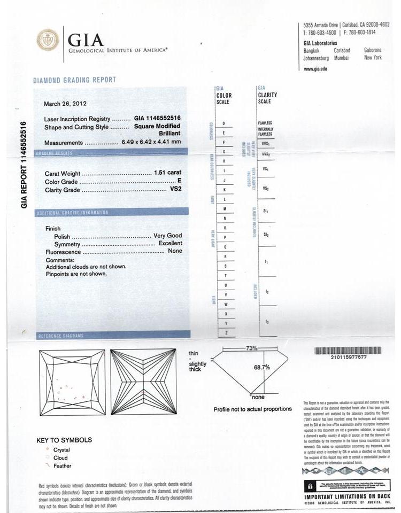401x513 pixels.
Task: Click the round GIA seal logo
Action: click(48, 41)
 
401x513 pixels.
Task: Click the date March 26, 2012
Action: click(65, 103)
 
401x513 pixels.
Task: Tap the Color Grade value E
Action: click(179, 181)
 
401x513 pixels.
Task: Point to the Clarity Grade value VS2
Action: click(174, 190)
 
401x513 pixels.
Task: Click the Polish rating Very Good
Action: click(167, 236)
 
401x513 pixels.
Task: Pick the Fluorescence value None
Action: click(175, 251)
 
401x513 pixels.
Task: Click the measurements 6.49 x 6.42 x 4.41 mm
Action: click(151, 143)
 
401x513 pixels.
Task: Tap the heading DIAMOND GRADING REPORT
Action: click(75, 80)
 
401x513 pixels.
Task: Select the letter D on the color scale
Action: click(223, 123)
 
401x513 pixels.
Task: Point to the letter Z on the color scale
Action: click(227, 333)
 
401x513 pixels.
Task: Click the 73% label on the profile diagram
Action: click(252, 348)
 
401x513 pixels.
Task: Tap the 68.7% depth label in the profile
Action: click(261, 367)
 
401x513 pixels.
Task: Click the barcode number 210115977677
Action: click(348, 357)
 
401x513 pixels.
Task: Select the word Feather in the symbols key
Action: click(62, 466)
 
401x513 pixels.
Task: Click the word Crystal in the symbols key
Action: click(61, 450)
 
